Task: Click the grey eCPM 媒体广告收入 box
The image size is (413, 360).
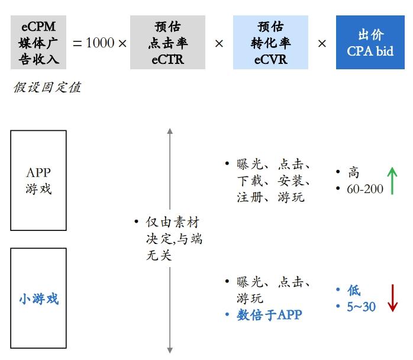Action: pos(38,42)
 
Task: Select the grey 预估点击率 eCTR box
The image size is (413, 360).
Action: pos(167,42)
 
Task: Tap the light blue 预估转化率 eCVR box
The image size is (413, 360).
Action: pos(270,42)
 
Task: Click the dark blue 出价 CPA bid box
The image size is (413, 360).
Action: pos(370,42)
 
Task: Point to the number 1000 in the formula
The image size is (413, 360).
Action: pos(100,43)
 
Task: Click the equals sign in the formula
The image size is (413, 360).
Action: pos(77,43)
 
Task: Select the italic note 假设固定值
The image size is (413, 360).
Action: pos(47,88)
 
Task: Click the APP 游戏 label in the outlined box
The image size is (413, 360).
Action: pos(38,181)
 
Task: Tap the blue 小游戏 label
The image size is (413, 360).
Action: pos(38,299)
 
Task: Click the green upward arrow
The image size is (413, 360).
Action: pos(392,181)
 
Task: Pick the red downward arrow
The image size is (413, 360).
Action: pos(392,298)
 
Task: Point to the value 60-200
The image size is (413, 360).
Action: pos(365,189)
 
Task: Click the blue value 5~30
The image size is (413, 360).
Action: pos(361,307)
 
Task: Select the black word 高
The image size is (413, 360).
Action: pos(353,172)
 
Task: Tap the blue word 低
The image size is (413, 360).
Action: pos(354,290)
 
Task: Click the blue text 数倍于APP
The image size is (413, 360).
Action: pos(269,315)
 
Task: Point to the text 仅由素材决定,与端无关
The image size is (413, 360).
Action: pos(174,239)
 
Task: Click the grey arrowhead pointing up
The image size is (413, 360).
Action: pos(170,131)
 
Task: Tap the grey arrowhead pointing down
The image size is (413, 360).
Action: pos(170,351)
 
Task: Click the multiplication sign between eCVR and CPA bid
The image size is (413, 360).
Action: pos(322,43)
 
